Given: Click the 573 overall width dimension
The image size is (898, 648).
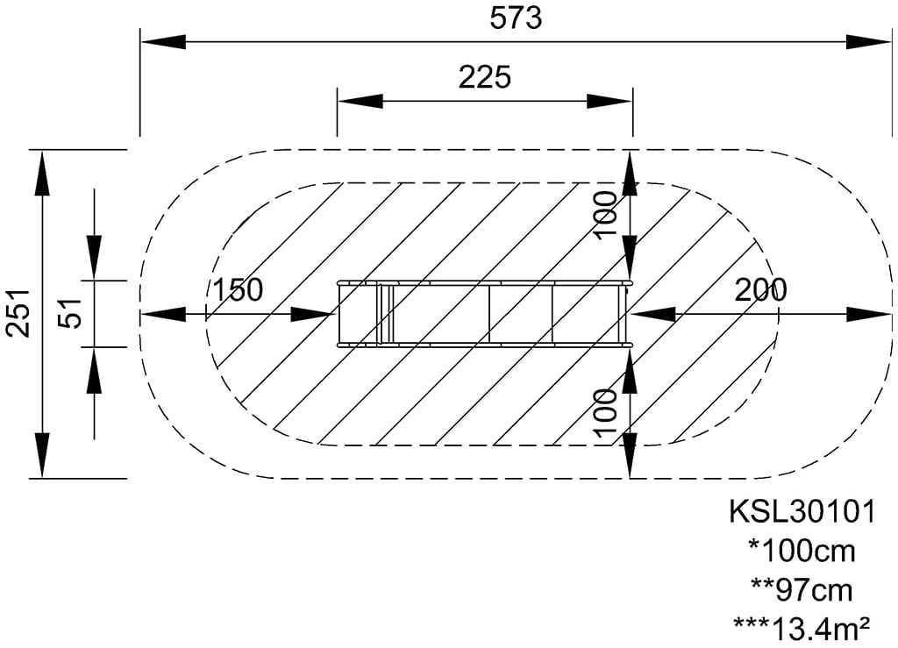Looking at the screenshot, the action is (x=516, y=18).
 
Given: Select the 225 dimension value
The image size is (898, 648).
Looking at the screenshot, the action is (x=484, y=76).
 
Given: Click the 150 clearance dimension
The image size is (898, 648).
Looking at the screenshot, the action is (x=238, y=289).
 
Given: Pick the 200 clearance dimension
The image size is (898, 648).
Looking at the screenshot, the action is (x=760, y=289).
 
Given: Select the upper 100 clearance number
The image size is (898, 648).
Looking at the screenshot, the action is (x=605, y=216).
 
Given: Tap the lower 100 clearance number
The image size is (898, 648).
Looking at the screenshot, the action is (x=605, y=413).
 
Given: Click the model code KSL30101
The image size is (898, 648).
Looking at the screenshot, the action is (x=802, y=511).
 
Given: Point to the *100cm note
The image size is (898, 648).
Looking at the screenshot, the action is (x=802, y=552).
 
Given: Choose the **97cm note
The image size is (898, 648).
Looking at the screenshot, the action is (x=802, y=590).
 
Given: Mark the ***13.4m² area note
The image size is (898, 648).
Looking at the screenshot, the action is (x=802, y=629).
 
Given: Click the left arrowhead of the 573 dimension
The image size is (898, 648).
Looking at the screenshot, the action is (x=163, y=42).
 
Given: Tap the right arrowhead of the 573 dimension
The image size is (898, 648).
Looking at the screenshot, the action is (x=869, y=42).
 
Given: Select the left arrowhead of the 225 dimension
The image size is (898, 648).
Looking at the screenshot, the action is (x=360, y=102).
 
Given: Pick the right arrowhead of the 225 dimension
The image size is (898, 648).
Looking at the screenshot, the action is (x=609, y=102).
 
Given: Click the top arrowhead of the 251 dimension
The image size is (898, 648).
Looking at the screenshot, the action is (x=42, y=173).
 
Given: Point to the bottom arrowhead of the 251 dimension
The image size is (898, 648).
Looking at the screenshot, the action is (x=42, y=454).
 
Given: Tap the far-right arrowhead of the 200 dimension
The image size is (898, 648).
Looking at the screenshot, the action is (x=869, y=314).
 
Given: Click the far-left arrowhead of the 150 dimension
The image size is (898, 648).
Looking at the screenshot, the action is (x=163, y=314).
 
